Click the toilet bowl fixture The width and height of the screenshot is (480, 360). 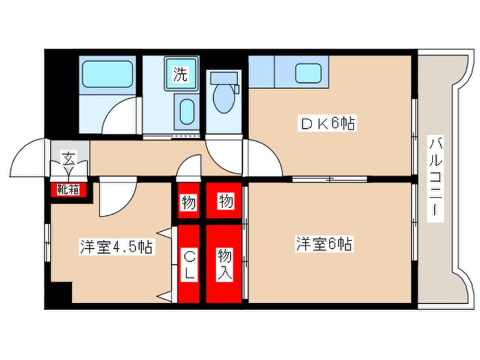pyautogui.click(x=224, y=97)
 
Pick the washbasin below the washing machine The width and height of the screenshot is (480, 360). pyautogui.click(x=186, y=111)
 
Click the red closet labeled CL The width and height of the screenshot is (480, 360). pyautogui.click(x=188, y=265)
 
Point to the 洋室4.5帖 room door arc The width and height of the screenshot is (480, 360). pyautogui.click(x=116, y=199)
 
